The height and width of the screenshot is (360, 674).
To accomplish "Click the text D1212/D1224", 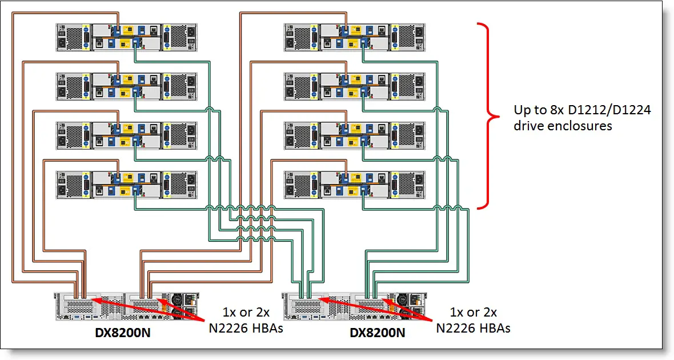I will click(619, 110).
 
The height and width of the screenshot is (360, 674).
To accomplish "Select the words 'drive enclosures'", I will click(562, 126).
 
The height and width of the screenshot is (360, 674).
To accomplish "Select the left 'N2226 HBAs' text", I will click(244, 328).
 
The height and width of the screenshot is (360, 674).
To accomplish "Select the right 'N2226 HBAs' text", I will click(472, 328).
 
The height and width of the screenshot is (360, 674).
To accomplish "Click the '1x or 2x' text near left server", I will click(245, 313).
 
